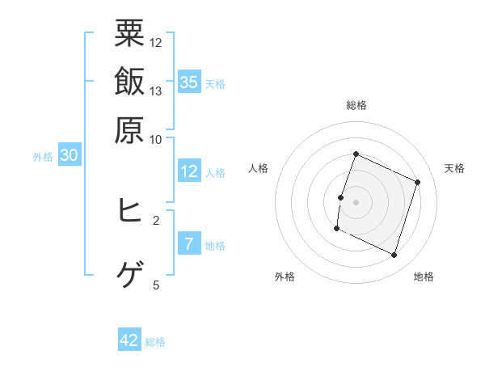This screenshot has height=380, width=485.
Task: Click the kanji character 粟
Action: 129,34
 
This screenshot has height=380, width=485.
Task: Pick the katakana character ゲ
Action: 129,275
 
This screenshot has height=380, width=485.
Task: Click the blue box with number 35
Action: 189,82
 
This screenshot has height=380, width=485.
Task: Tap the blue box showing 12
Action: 189,171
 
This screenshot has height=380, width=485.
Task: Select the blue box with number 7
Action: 189,244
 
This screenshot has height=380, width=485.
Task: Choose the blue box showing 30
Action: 69,156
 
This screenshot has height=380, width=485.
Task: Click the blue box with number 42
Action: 129,340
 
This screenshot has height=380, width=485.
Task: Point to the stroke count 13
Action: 156,91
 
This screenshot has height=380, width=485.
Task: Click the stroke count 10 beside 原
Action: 156,138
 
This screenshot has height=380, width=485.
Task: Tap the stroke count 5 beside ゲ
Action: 156,285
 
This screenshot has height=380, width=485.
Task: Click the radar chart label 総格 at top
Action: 356,105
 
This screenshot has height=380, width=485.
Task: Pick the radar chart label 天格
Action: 454,168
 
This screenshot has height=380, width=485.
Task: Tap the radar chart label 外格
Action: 285,277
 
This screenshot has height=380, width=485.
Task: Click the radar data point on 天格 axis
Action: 418,182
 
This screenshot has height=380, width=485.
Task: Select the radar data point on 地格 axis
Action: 394,255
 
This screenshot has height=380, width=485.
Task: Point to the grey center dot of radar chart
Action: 356,201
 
